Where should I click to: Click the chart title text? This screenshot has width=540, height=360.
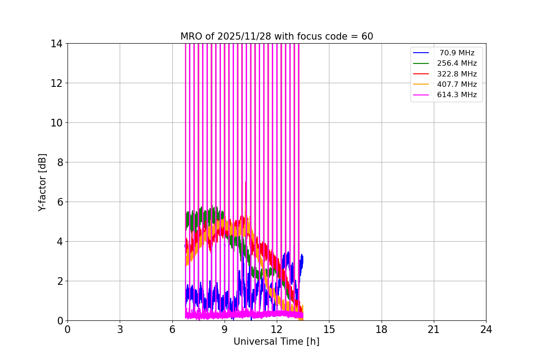tap(276, 36)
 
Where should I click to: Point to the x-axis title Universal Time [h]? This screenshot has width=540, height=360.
tap(276, 342)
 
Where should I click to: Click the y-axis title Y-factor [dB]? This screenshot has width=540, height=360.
tap(42, 182)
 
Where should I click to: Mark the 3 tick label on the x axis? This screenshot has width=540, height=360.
tap(120, 329)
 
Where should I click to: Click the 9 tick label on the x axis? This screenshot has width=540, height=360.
tap(224, 329)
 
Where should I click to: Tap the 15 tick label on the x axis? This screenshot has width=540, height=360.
tap(329, 329)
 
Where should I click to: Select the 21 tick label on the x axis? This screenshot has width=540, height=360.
tap(433, 329)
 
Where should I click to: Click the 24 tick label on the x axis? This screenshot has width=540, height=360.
tap(486, 329)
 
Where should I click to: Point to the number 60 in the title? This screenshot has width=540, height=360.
tap(367, 36)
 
